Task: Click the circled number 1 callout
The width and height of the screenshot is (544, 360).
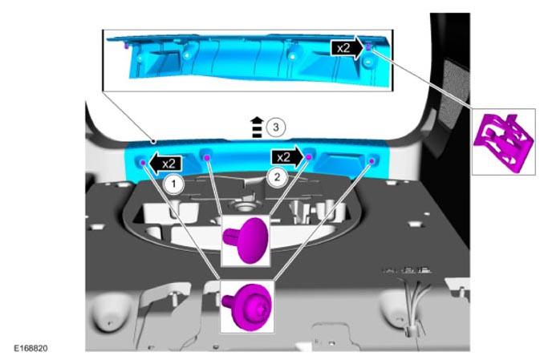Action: point(173,184)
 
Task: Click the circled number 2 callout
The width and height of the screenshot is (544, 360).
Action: point(277,177)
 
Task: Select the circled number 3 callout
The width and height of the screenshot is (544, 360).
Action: point(276,127)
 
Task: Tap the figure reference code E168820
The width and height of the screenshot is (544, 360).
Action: point(30,348)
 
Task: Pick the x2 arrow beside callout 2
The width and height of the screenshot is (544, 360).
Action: point(288,158)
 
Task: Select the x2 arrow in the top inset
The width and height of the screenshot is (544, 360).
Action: point(347,48)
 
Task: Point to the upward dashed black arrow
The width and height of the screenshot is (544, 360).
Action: point(257,127)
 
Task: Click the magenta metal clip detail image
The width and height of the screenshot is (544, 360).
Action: point(503,141)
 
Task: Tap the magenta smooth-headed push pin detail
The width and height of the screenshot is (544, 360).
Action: point(246,240)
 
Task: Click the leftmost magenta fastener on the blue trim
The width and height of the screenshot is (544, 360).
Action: point(142,162)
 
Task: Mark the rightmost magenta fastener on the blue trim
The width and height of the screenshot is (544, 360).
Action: point(371,161)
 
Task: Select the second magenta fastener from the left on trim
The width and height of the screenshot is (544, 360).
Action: point(207,158)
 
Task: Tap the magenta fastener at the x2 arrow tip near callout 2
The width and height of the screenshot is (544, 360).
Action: point(309,157)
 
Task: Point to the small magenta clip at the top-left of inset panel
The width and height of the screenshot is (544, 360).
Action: point(126,46)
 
